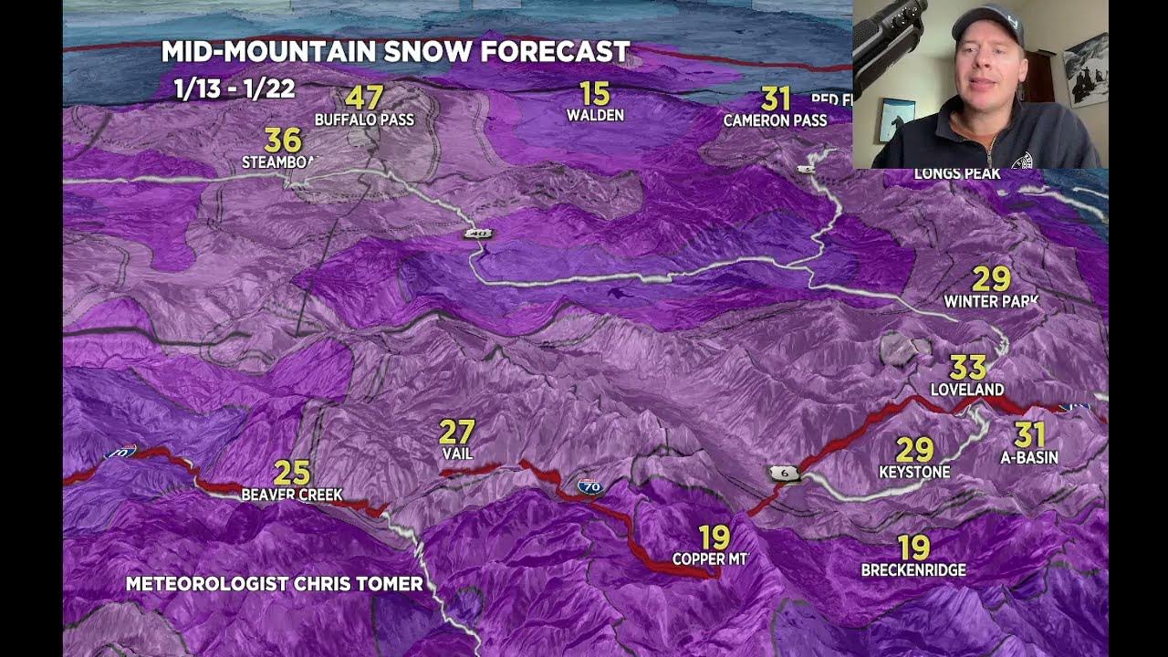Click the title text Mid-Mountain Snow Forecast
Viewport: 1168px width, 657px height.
pyautogui.click(x=395, y=52)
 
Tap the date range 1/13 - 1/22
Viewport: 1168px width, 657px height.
pyautogui.click(x=234, y=89)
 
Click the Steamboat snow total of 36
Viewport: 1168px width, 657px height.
pyautogui.click(x=282, y=141)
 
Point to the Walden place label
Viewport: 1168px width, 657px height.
pyautogui.click(x=595, y=115)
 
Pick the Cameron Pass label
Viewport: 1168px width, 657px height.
pyautogui.click(x=775, y=120)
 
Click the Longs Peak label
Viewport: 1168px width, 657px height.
pyautogui.click(x=957, y=173)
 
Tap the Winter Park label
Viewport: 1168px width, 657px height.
pyautogui.click(x=991, y=301)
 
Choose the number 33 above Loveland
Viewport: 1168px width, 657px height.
pyautogui.click(x=967, y=368)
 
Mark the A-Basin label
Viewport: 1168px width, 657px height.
pyautogui.click(x=1029, y=457)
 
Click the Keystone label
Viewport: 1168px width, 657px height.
pyautogui.click(x=914, y=472)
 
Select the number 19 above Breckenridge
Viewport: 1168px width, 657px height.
pyautogui.click(x=913, y=547)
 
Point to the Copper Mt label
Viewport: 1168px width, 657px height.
pyautogui.click(x=710, y=558)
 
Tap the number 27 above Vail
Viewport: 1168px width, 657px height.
pyautogui.click(x=457, y=432)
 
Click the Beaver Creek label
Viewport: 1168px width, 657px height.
pyautogui.click(x=292, y=495)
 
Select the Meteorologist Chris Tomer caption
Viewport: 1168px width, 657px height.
pyautogui.click(x=274, y=584)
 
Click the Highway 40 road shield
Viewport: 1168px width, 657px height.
pyautogui.click(x=477, y=235)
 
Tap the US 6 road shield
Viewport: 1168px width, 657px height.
pyautogui.click(x=784, y=473)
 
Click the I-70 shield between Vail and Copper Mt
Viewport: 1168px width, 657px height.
pyautogui.click(x=591, y=487)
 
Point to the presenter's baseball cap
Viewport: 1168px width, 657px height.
pyautogui.click(x=985, y=21)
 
